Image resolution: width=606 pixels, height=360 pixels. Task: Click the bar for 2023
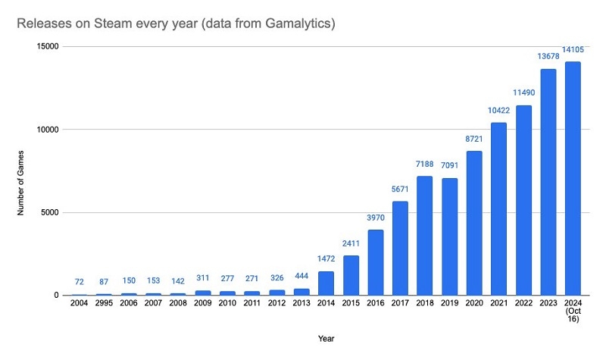pyautogui.click(x=548, y=182)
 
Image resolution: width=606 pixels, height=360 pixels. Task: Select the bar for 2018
pyautogui.click(x=425, y=236)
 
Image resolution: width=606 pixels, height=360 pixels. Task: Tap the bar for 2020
pyautogui.click(x=474, y=223)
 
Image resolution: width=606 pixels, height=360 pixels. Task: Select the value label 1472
pyautogui.click(x=326, y=260)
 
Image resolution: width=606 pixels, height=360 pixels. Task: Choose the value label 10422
pyautogui.click(x=499, y=111)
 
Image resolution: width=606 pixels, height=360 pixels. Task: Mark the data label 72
pyautogui.click(x=80, y=282)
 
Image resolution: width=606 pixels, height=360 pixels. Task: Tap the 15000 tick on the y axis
pyautogui.click(x=48, y=47)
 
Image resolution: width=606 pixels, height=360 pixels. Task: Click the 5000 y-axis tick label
pyautogui.click(x=51, y=212)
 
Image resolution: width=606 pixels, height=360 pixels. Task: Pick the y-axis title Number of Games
pyautogui.click(x=23, y=171)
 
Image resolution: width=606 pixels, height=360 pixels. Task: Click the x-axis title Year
pyautogui.click(x=327, y=339)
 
